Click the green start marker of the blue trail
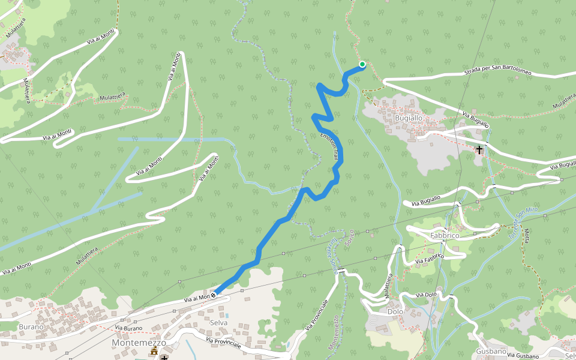[362, 64]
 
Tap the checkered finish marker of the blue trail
[213, 296]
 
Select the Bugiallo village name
[409, 118]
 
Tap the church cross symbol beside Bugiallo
[479, 149]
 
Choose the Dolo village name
[395, 312]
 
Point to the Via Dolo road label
[427, 295]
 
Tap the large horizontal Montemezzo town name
[138, 342]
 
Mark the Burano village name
[31, 326]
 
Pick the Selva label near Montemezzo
[219, 323]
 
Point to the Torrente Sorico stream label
[331, 259]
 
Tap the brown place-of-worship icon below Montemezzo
[154, 351]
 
